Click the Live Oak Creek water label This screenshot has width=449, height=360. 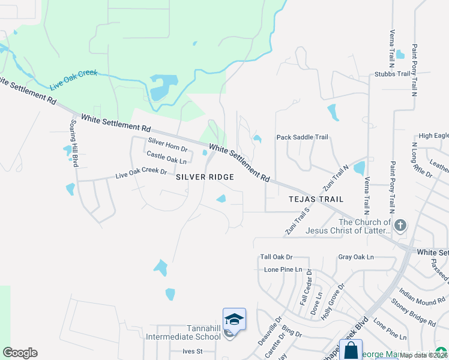[x=74, y=81]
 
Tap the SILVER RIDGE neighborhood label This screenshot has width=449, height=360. [x=205, y=177]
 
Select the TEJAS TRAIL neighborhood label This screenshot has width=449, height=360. [x=316, y=199]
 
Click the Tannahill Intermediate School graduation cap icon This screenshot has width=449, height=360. [x=234, y=318]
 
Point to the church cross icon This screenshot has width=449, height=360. [x=400, y=226]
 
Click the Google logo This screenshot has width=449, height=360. [x=20, y=353]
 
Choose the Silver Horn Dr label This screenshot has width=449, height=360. [x=168, y=145]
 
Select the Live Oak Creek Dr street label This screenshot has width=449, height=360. [x=141, y=173]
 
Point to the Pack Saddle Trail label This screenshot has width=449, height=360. [x=302, y=137]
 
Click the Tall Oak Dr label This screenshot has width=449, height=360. [x=276, y=257]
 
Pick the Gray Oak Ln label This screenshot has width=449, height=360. [x=355, y=257]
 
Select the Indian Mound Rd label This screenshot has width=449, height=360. [x=422, y=294]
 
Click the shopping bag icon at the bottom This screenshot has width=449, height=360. [x=351, y=350]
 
